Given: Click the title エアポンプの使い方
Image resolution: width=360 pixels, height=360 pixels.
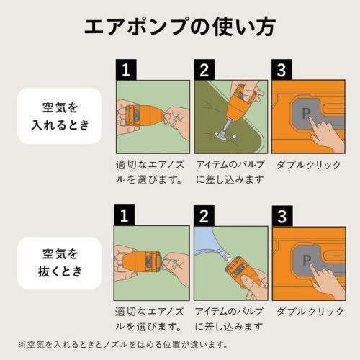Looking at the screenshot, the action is (180, 27).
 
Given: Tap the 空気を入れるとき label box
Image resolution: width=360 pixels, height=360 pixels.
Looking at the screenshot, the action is (60, 116).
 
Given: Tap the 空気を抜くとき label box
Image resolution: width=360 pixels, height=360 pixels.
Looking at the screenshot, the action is (60, 263).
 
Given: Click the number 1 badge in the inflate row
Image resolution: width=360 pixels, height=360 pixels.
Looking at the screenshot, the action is (126, 70).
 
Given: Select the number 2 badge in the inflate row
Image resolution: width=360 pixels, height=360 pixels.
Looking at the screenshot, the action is (204, 70).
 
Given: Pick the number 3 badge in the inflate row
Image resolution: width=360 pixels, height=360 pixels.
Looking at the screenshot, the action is (282, 70).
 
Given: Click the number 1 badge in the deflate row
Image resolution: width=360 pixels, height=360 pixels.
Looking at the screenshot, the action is (125, 215).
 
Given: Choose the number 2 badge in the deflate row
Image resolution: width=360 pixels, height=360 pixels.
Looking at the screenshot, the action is (204, 216).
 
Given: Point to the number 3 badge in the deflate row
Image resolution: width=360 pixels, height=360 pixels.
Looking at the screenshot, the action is (282, 216).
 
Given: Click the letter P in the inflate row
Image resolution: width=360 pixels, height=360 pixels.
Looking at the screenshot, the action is (306, 113).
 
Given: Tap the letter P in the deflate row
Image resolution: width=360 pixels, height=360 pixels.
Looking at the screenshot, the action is (307, 260).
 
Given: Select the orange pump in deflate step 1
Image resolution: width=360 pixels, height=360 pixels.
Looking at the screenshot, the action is (142, 261).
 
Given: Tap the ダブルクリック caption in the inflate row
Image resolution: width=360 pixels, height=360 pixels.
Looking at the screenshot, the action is (309, 166).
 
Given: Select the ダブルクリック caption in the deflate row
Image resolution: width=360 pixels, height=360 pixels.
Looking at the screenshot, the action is (310, 312).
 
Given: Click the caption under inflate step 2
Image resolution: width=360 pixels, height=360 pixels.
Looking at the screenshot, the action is (230, 172).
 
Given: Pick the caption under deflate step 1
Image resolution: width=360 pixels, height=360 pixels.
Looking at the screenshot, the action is (149, 319).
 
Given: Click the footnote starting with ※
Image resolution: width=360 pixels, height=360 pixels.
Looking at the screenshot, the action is (123, 345).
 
